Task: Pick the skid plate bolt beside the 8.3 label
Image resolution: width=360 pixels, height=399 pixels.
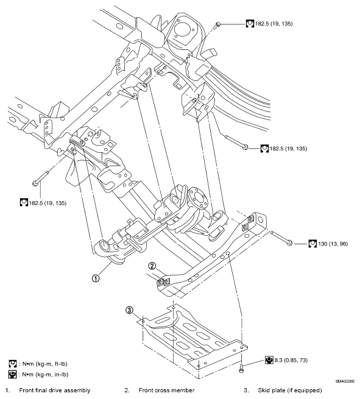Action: [242, 365]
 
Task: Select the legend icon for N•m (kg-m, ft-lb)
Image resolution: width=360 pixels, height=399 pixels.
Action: [13, 362]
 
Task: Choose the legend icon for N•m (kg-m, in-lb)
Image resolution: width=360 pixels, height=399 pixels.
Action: [13, 373]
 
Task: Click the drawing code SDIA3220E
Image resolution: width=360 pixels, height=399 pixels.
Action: [344, 380]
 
